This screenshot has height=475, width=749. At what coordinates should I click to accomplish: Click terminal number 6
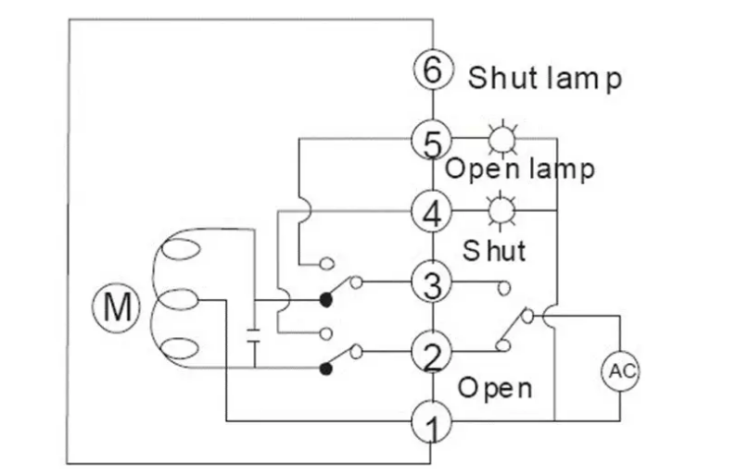tap(432, 70)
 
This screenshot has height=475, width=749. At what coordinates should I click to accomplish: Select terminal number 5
tap(432, 141)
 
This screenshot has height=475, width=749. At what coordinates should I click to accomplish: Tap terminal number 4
tap(432, 211)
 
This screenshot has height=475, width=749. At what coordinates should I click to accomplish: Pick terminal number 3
tap(432, 281)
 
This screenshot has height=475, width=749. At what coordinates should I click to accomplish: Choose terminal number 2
tap(432, 352)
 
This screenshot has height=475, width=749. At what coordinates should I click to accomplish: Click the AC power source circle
tap(620, 372)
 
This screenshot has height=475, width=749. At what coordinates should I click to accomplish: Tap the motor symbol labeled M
tap(117, 306)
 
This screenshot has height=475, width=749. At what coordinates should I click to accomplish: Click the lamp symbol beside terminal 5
tap(501, 140)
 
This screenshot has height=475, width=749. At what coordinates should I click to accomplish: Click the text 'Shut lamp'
tap(544, 78)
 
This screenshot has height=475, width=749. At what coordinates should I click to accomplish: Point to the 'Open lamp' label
tap(519, 170)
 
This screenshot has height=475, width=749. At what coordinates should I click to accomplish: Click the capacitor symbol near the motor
tap(253, 334)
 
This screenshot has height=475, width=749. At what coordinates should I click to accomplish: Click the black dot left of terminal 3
tap(325, 299)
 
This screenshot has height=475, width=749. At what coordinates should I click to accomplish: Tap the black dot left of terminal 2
tap(325, 369)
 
